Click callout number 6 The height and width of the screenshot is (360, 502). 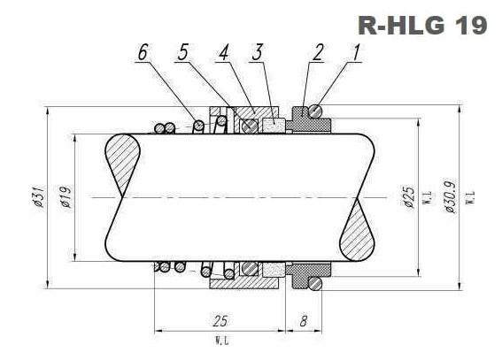(142, 53)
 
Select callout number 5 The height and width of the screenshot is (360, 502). (182, 53)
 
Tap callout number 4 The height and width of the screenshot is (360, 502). (224, 53)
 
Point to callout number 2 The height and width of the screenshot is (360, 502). (316, 53)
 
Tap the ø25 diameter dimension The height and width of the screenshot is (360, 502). (408, 198)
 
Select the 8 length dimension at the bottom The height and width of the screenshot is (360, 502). (303, 321)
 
